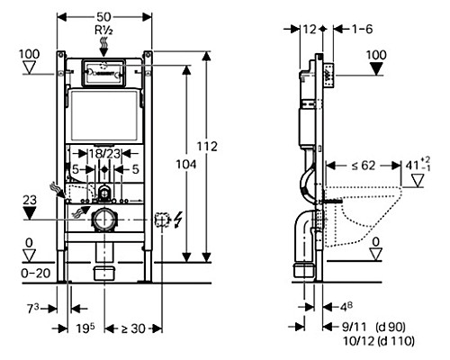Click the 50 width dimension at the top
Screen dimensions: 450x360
(x=103, y=17)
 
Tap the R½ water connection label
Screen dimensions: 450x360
(x=103, y=31)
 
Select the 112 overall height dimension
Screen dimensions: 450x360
(x=207, y=147)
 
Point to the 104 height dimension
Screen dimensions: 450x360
(x=186, y=165)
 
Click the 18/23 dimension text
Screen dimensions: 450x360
(x=104, y=154)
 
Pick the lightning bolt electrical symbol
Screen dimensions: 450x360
(x=177, y=219)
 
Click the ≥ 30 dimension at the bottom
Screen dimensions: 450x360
(x=133, y=328)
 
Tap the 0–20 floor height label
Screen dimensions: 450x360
(x=36, y=274)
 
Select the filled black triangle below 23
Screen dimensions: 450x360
(x=30, y=212)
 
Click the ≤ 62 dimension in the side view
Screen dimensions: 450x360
(x=364, y=166)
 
